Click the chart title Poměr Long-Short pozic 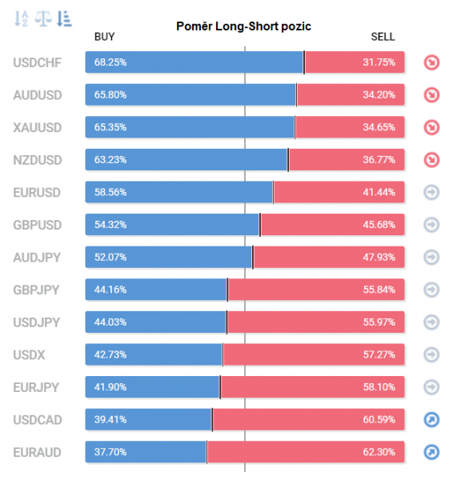(243, 26)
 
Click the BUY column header (104, 37)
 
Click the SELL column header (383, 37)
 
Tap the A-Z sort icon (22, 18)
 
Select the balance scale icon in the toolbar (43, 18)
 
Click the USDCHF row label (37, 62)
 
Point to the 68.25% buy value (110, 62)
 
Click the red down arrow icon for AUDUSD (431, 95)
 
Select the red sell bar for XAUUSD (349, 127)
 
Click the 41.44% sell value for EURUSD (379, 193)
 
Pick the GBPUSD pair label (37, 225)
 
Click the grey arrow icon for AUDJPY (431, 257)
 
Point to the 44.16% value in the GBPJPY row (110, 290)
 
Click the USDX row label (28, 354)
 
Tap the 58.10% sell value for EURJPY (379, 387)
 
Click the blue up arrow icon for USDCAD (431, 419)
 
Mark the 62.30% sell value (379, 452)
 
